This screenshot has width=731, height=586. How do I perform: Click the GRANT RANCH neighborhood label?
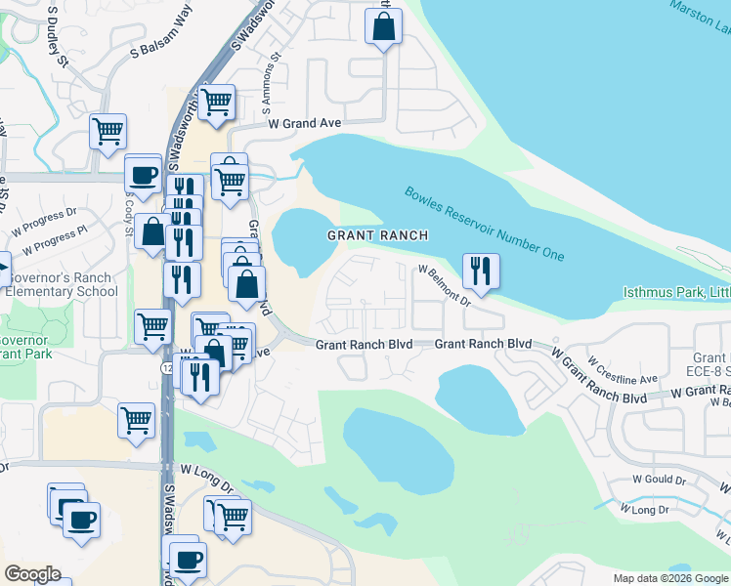(x=377, y=235)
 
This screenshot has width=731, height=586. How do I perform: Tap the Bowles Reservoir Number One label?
(x=484, y=224)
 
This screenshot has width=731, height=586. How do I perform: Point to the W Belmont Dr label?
(x=445, y=284)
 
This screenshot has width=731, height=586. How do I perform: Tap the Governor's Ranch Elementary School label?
(x=61, y=284)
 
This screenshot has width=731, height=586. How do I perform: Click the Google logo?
(x=32, y=574)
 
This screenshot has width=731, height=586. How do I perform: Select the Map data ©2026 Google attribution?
(x=670, y=578)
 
